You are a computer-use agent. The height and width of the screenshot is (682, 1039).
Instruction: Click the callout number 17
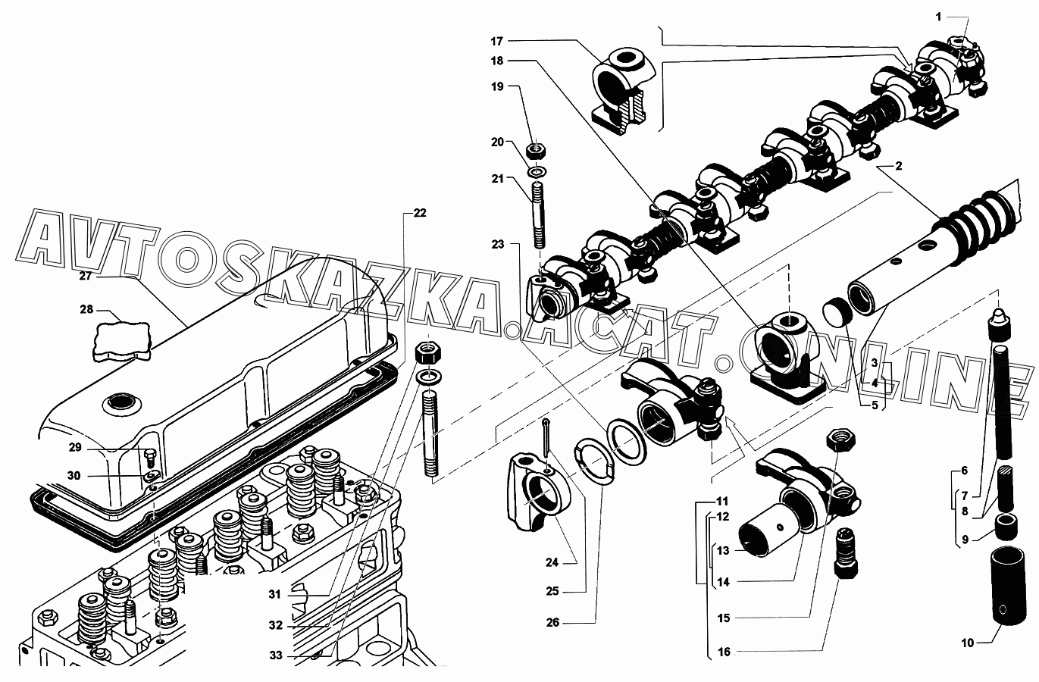pos(497,41)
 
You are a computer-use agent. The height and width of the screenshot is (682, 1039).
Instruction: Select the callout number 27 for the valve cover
pos(86,276)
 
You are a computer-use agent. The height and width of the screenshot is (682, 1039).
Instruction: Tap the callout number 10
pos(967,643)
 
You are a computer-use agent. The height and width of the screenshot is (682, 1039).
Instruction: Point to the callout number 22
pos(420,213)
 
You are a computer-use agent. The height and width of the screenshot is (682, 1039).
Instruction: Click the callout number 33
pos(276,655)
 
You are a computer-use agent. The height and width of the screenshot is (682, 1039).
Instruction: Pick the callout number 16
pos(724,652)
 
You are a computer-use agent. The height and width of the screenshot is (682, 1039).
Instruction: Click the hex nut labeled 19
pos(537,150)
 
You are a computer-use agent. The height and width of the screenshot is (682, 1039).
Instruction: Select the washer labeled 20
pos(537,172)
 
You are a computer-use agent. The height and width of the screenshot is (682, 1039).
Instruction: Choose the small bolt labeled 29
pos(151,458)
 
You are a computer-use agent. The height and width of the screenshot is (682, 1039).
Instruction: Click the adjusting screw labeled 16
pos(846,554)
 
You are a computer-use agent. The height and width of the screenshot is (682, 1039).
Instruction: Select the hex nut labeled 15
pos(841,439)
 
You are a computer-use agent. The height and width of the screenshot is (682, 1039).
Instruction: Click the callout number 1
pos(939,17)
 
